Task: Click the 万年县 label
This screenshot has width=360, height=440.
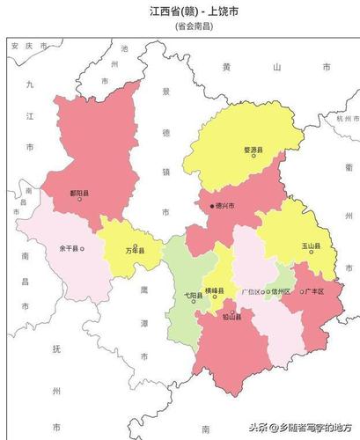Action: pos(135,253)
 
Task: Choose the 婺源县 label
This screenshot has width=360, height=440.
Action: pos(253,150)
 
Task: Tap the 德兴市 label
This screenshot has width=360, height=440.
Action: pos(227,206)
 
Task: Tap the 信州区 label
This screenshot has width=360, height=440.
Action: pos(282,290)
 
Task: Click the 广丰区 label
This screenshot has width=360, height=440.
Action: pos(315,291)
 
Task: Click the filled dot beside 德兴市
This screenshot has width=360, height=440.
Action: pos(212,206)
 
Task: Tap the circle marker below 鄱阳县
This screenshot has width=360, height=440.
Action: pos(80,199)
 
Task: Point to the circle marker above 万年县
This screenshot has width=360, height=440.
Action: pos(135,246)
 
